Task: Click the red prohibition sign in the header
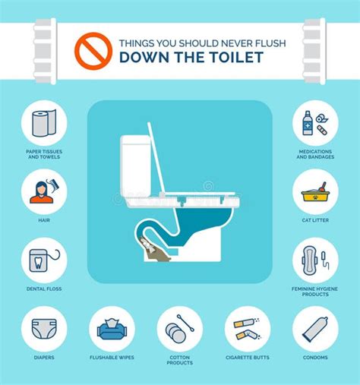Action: pyautogui.click(x=93, y=47)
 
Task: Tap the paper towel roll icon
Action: pyautogui.click(x=44, y=123)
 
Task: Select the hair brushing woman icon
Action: pyautogui.click(x=44, y=191)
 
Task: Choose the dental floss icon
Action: pyautogui.click(x=44, y=260)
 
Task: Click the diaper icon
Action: pyautogui.click(x=44, y=328)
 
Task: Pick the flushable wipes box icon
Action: pyautogui.click(x=112, y=328)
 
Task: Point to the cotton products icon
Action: pyautogui.click(x=180, y=328)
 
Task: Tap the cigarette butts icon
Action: pyautogui.click(x=248, y=328)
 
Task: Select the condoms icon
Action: pyautogui.click(x=315, y=328)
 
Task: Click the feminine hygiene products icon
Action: pyautogui.click(x=315, y=260)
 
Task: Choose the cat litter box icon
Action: pyautogui.click(x=315, y=191)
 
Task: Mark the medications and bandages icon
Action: pyautogui.click(x=315, y=123)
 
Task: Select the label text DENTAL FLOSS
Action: pyautogui.click(x=44, y=289)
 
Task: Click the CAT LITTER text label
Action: pyautogui.click(x=315, y=220)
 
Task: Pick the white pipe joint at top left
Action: pyautogui.click(x=44, y=50)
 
